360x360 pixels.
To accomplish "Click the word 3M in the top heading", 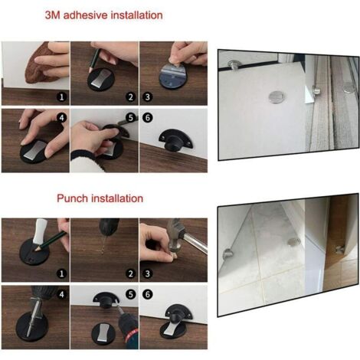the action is pyautogui.click(x=53, y=15).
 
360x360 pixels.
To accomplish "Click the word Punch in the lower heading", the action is pyautogui.click(x=73, y=198).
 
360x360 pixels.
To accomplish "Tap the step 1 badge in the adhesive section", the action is pyautogui.click(x=61, y=97).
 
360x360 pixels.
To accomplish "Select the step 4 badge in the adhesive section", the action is pyautogui.click(x=61, y=118).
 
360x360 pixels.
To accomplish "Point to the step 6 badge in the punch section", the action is pyautogui.click(x=147, y=294).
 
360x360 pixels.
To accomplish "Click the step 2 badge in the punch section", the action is pyautogui.click(x=131, y=273).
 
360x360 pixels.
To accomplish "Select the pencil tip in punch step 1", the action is pyautogui.click(x=36, y=250).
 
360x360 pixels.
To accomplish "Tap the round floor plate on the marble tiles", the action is pyautogui.click(x=294, y=242).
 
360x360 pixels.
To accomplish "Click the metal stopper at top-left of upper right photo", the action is pyautogui.click(x=235, y=64).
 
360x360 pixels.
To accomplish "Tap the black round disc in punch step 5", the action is pyautogui.click(x=103, y=334).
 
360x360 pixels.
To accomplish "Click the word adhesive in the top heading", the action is pyautogui.click(x=86, y=15).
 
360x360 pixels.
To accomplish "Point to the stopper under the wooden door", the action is pyautogui.click(x=339, y=249).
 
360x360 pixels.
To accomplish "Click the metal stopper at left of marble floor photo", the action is pyautogui.click(x=228, y=254).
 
